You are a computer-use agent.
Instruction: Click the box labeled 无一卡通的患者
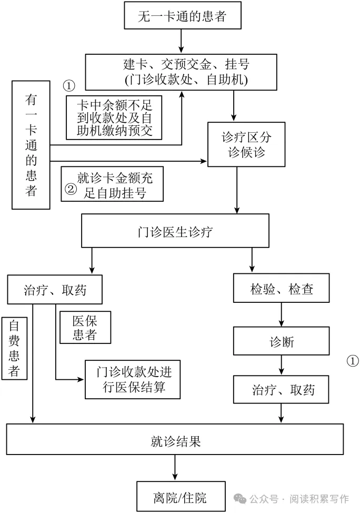point(182,15)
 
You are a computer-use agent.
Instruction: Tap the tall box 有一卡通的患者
point(31,144)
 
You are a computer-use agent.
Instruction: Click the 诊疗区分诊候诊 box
point(246,145)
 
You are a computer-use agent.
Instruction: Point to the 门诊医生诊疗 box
point(175,231)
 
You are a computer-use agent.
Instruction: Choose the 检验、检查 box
point(281,290)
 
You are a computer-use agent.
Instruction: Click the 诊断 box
point(281,342)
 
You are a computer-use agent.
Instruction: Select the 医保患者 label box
point(85,327)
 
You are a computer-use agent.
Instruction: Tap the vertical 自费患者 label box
point(15,348)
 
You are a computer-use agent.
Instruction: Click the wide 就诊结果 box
point(175,440)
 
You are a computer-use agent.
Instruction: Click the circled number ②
point(70,190)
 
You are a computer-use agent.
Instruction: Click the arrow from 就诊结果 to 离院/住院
point(175,468)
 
